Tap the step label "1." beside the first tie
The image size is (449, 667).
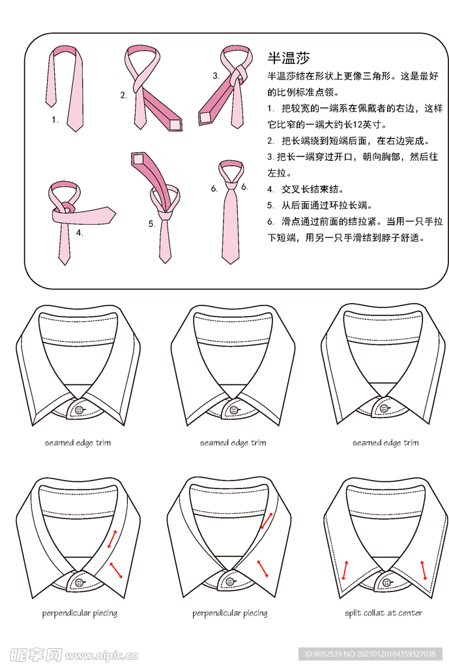56,120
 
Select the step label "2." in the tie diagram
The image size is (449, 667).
123,95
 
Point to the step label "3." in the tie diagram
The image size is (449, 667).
216,76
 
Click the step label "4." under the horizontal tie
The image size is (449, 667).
79,233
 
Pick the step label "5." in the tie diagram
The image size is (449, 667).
151,224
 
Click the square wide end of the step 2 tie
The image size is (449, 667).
175,124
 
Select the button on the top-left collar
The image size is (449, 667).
80,410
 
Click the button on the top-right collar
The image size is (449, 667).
384,408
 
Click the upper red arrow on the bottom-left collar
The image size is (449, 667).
113,539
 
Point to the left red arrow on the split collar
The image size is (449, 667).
344,569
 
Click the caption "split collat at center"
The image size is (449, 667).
383,613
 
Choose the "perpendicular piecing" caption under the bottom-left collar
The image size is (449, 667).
80,613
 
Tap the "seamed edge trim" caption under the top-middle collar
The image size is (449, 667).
233,443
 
